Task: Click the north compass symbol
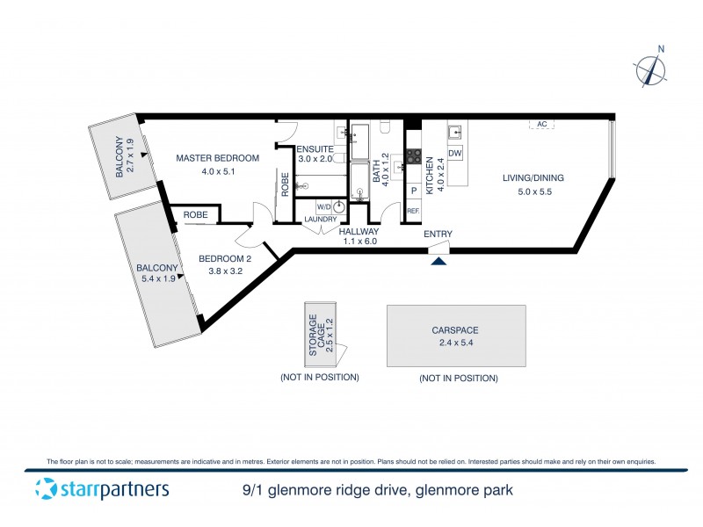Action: (x=650, y=69)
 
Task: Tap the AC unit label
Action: (x=542, y=125)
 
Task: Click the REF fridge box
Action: (x=413, y=211)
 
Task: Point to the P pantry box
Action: (x=413, y=191)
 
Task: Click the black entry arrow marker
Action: (x=438, y=258)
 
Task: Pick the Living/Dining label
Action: (x=533, y=178)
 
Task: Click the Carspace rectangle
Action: (x=456, y=336)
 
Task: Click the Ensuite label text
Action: (x=315, y=148)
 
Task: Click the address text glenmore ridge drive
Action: (x=378, y=490)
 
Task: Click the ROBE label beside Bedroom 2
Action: (x=195, y=213)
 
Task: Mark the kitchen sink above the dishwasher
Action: (x=455, y=134)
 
